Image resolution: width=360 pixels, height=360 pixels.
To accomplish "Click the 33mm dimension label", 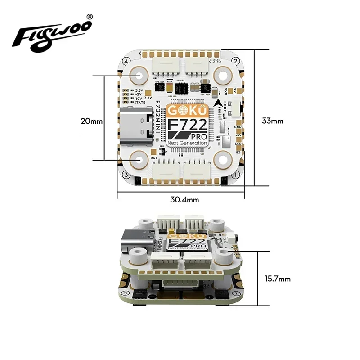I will click(x=273, y=121).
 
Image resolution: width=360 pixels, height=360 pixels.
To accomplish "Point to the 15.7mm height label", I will click(x=278, y=279).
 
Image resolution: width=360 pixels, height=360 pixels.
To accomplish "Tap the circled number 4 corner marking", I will click(x=126, y=61).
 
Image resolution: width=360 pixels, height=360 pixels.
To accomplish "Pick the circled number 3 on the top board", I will click(x=126, y=175).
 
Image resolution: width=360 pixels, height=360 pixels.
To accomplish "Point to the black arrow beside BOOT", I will click(x=219, y=106).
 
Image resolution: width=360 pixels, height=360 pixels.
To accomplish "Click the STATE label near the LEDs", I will click(x=140, y=103).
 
